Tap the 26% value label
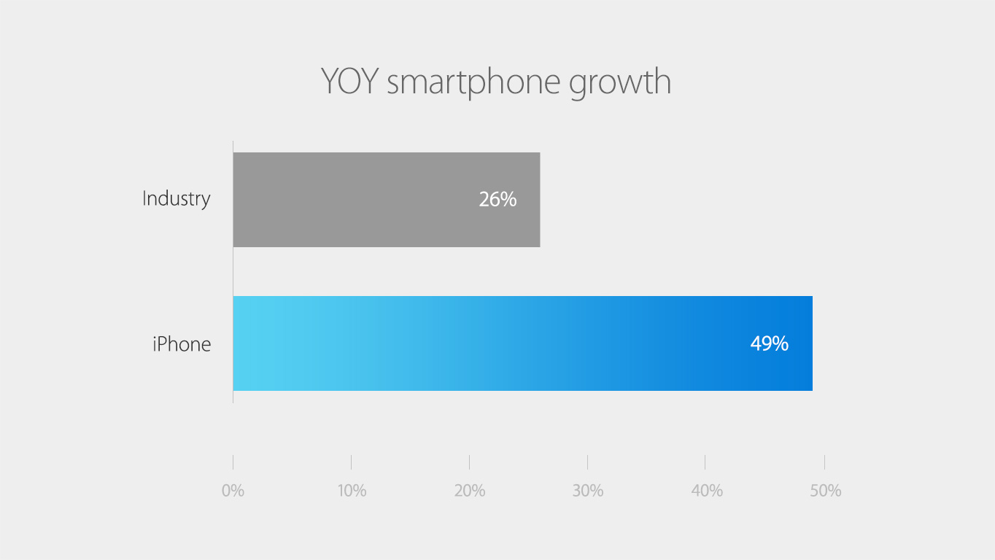497,199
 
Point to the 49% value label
770,343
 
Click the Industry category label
177,198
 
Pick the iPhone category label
182,344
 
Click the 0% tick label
233,491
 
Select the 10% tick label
352,491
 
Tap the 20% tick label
470,491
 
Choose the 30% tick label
588,491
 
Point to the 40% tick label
706,491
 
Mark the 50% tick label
825,491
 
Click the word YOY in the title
349,82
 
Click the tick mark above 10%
351,462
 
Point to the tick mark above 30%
587,462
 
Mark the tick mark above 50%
824,462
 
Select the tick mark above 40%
705,462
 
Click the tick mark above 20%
469,462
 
